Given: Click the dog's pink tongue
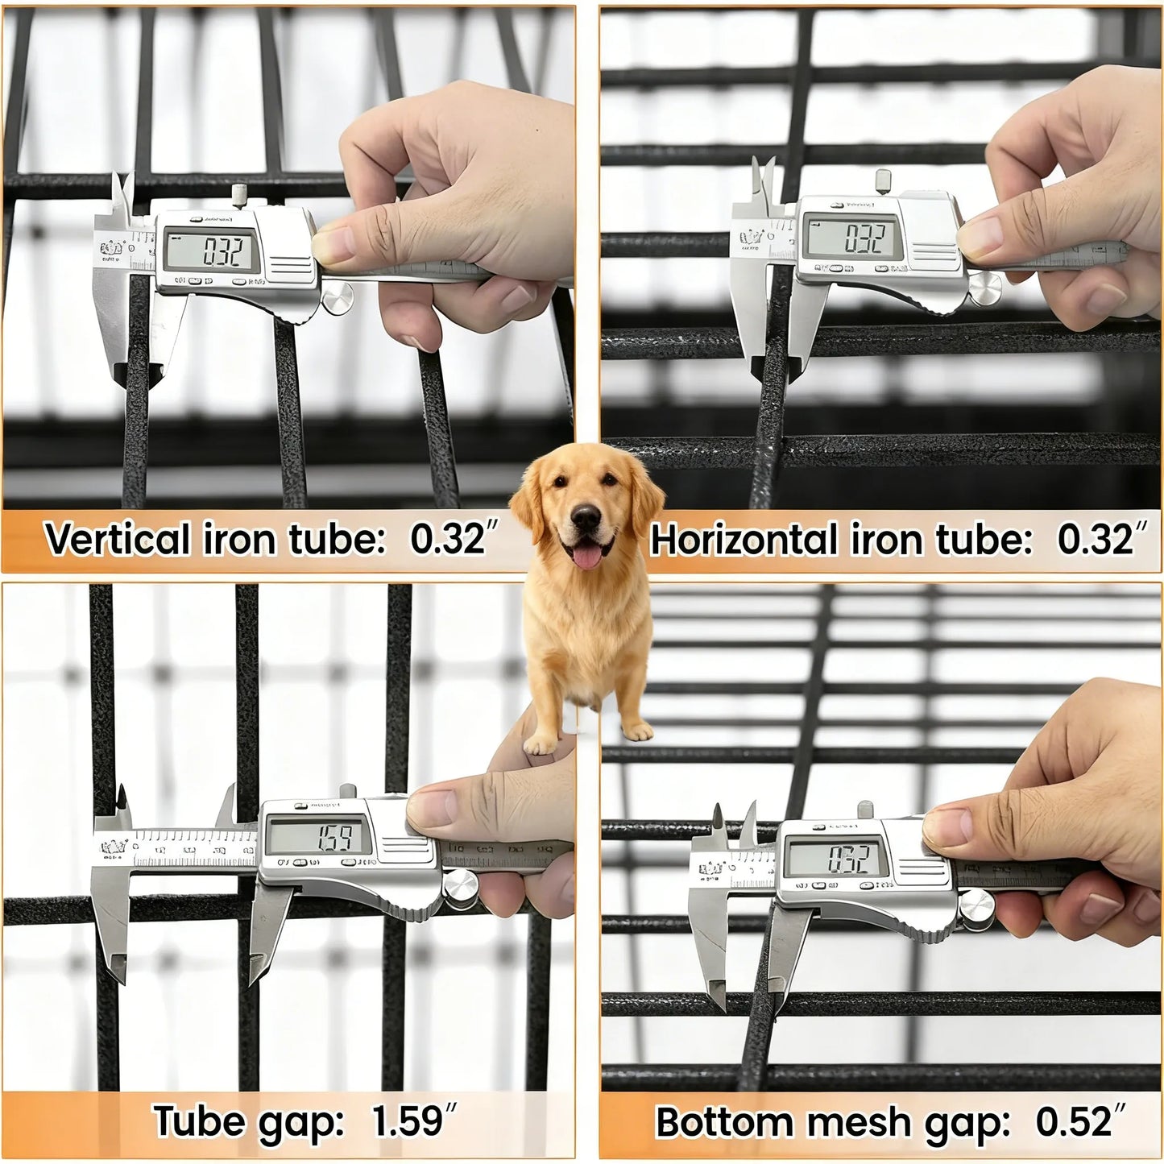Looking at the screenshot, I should point(589,554).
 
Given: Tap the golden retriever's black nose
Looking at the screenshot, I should point(586,520).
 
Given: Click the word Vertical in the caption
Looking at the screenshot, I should point(118,539).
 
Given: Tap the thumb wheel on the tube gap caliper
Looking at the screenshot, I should point(459,888).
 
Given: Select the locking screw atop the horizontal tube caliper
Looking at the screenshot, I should point(884,180).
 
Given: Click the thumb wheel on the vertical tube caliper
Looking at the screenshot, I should point(337,299).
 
